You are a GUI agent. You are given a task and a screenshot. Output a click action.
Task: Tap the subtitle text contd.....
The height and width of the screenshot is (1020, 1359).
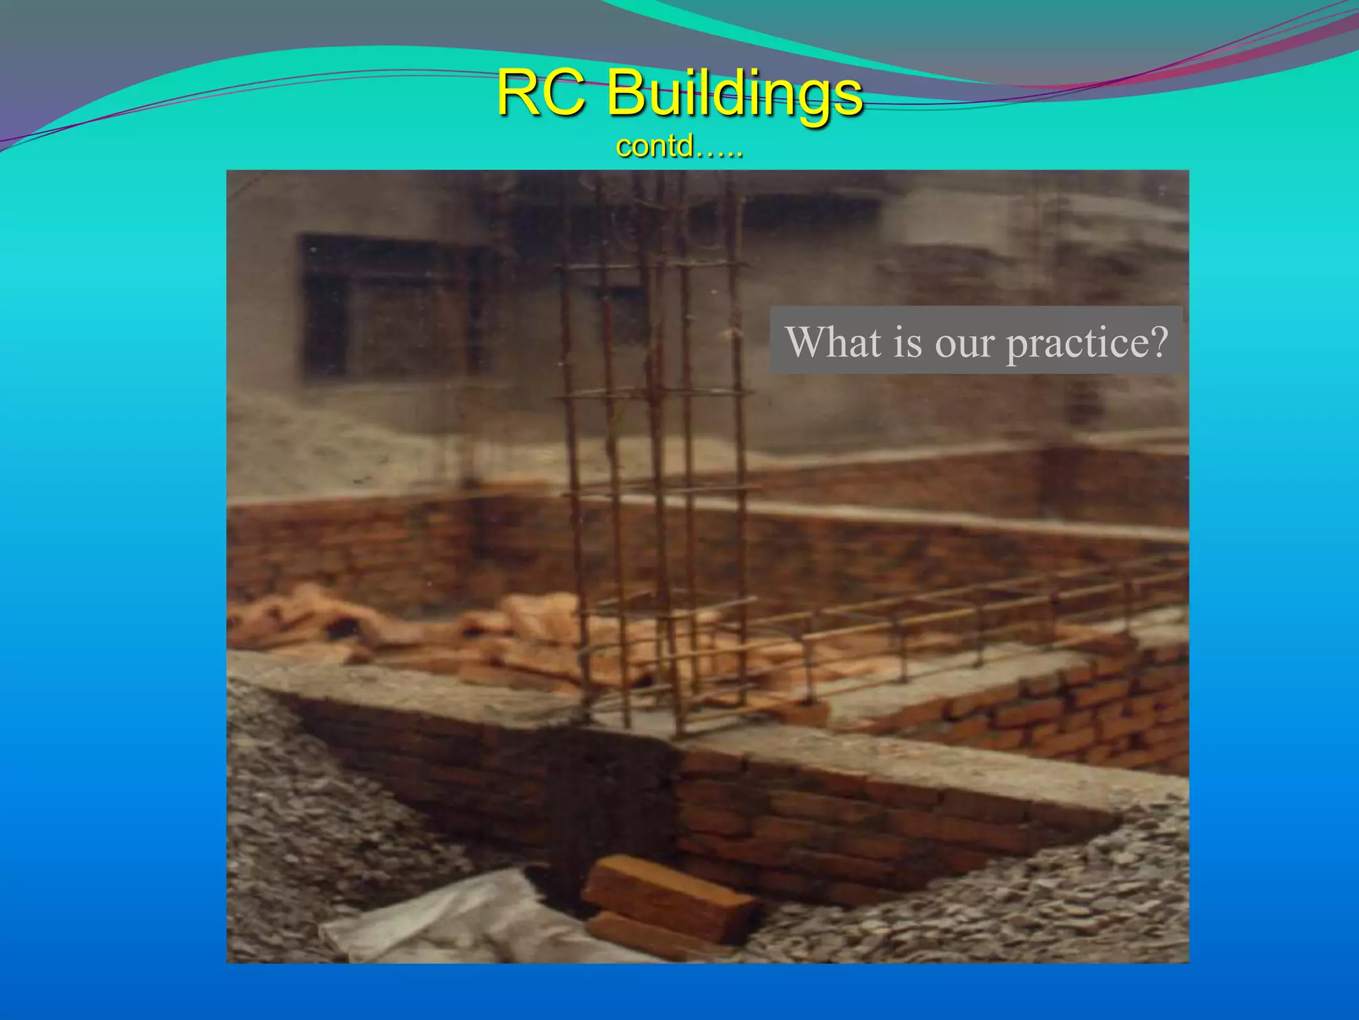click(x=678, y=147)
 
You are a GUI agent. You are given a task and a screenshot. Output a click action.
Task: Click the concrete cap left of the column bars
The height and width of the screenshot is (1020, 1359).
click(x=398, y=684)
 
